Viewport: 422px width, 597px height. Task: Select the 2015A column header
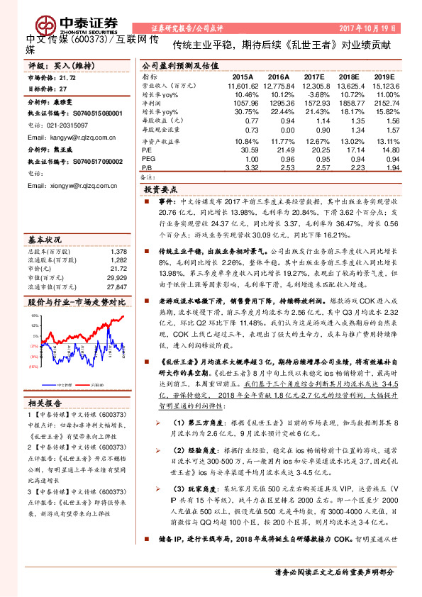243,76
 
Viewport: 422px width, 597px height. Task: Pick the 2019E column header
383,76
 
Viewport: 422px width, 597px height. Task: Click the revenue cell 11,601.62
243,85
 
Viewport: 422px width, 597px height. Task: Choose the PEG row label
149,160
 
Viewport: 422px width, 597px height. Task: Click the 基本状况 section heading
45,240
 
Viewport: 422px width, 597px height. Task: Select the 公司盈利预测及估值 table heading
177,64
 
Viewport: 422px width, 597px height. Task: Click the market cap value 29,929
118,278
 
